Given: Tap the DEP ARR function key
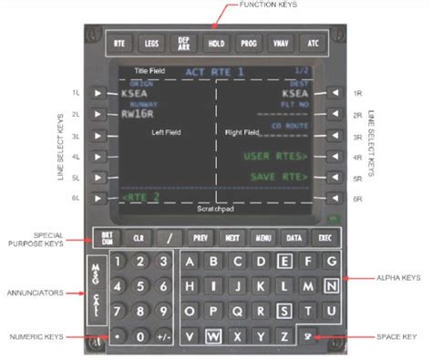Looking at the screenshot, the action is point(184,43).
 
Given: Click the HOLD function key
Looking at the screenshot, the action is point(216,43).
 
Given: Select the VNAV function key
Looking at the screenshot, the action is point(280,43).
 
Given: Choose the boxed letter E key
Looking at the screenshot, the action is point(285,262).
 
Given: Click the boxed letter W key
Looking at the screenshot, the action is point(213,335).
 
